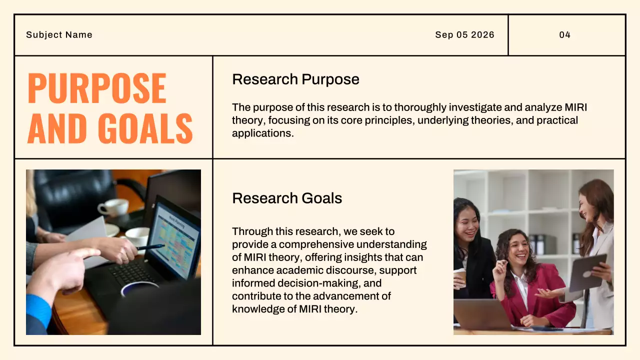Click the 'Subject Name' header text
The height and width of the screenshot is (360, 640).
click(59, 35)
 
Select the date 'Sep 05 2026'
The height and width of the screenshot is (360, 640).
click(464, 35)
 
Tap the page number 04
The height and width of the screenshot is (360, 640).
click(565, 35)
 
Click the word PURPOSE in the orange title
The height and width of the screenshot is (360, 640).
click(97, 88)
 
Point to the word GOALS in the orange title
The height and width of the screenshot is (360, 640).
click(145, 128)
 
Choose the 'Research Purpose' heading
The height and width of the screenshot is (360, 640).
click(295, 79)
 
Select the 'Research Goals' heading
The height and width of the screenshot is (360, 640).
click(287, 198)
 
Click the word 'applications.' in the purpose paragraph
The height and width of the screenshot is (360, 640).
click(262, 133)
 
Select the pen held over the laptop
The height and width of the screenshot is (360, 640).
click(150, 247)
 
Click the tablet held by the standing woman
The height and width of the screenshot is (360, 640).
click(588, 271)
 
